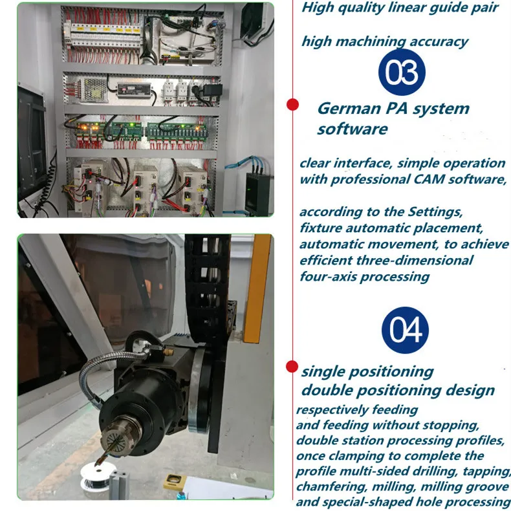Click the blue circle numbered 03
click(x=402, y=76)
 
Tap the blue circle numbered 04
click(x=405, y=331)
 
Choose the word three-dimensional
click(x=418, y=261)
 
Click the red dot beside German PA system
click(x=292, y=103)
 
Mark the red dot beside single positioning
click(x=292, y=367)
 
